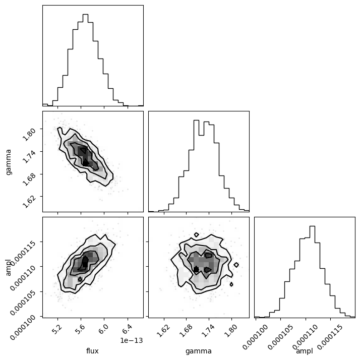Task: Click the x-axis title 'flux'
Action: pos(93,351)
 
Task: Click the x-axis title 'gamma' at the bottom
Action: pos(199,351)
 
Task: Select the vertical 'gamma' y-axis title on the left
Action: pos(9,161)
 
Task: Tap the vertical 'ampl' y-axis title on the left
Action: pos(9,267)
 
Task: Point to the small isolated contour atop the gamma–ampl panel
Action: pos(196,235)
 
